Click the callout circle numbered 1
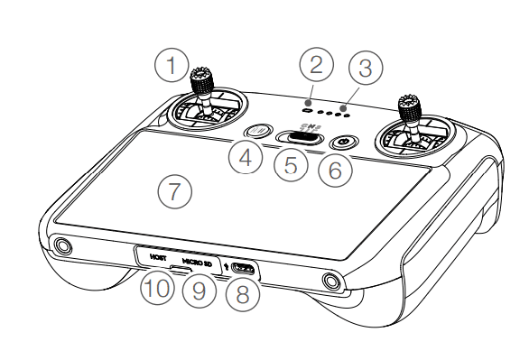pos(172,65)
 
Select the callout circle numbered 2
pos(317,64)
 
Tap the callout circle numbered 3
pos(366,68)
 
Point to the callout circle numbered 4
pos(246,157)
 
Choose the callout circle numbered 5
pos(291,164)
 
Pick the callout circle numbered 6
pos(335,170)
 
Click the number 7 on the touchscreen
pos(174,191)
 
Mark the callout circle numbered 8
pos(243,293)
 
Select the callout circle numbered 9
pos(199,291)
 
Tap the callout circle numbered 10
pos(158,288)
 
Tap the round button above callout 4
pos(258,131)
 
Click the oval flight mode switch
pos(300,137)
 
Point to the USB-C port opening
pos(244,267)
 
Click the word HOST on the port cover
pos(158,258)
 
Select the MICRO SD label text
pos(197,263)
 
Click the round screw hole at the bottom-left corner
pos(62,245)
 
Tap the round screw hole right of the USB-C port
pos(331,281)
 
